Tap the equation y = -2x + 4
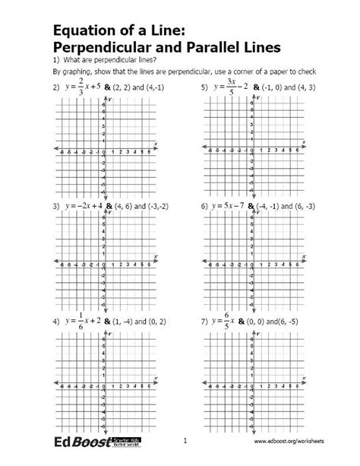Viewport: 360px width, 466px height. tap(83, 206)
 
